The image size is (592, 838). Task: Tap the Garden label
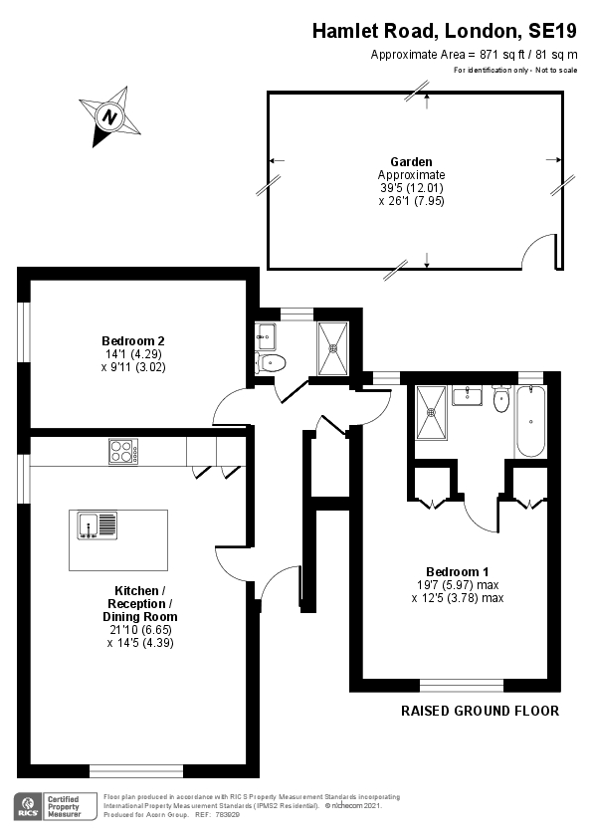[411, 161]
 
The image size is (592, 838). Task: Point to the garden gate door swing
[542, 251]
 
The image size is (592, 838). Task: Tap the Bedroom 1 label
[458, 571]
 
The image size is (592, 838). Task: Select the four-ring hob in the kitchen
[123, 452]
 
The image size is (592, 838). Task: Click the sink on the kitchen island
[89, 524]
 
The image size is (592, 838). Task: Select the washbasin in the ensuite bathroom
[467, 397]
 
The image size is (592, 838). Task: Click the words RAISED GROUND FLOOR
[480, 711]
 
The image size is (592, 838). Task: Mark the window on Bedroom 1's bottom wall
[462, 685]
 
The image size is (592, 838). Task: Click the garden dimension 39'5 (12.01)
[411, 187]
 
